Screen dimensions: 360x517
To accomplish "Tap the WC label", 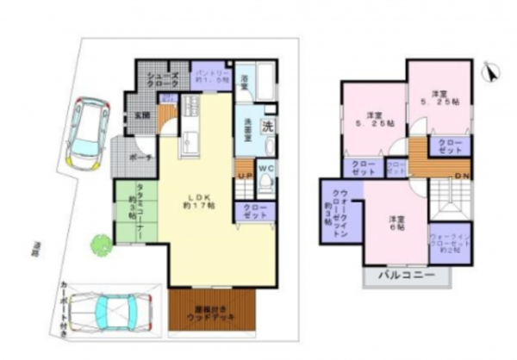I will [265, 168].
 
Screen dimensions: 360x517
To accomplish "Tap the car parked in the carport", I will [107, 308].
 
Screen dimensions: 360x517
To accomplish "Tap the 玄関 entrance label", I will [143, 115].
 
